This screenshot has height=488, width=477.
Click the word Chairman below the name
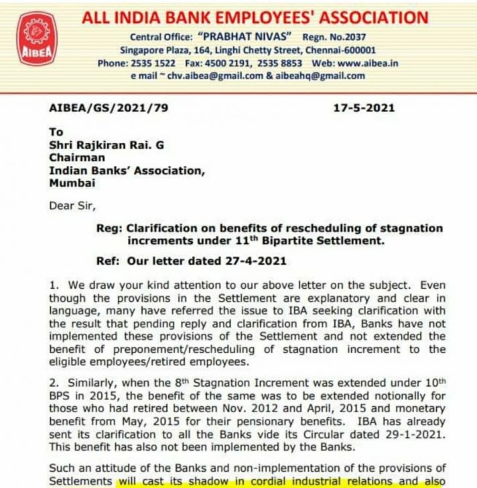77,158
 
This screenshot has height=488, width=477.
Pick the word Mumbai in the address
72,182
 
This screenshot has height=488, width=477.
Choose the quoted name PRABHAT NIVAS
249,37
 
